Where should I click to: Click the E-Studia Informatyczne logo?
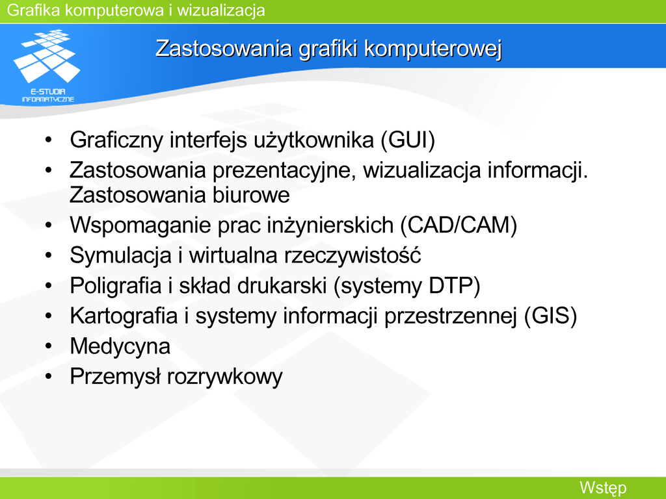pos(47,66)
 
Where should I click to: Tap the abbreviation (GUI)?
pos(408,140)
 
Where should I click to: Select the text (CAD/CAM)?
pos(459,225)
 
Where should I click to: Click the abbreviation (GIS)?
pos(550,316)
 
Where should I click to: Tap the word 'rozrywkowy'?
pos(225,377)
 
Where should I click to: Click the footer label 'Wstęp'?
pos(603,488)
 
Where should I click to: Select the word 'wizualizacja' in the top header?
pos(221,10)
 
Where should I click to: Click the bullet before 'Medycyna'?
pos(48,346)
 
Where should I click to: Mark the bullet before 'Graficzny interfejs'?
pos(48,140)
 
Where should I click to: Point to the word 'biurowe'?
pos(251,195)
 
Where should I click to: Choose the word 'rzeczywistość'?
pos(352,255)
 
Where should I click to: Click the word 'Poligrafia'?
pos(116,286)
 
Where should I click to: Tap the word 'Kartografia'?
pos(124,316)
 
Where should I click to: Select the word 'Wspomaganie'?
pos(140,225)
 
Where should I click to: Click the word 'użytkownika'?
pos(314,140)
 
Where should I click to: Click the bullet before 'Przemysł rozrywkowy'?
pos(48,376)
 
